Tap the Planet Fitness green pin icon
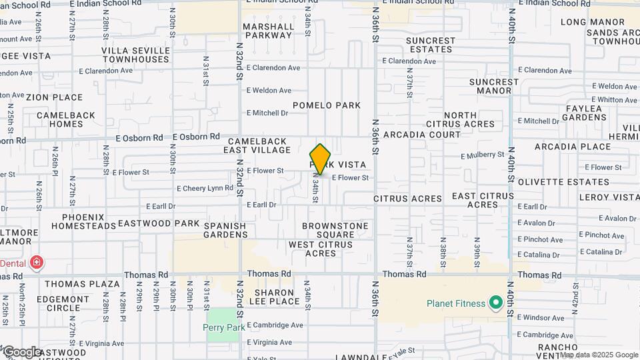click(495, 304)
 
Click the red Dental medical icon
click(36, 263)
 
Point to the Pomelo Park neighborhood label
click(327, 105)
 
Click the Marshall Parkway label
click(269, 31)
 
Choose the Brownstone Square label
click(335, 230)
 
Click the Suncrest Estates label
click(431, 45)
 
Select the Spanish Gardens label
click(225, 230)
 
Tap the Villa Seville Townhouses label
click(135, 55)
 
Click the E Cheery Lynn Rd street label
click(205, 189)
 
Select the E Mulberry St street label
click(482, 155)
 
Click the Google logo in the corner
click(22, 351)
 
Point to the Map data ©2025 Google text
click(599, 355)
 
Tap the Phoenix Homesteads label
click(83, 221)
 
